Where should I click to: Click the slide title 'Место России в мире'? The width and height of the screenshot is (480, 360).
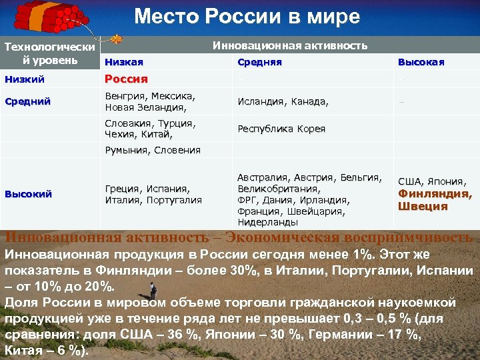[247, 16]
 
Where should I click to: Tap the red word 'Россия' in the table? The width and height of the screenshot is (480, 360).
[126, 79]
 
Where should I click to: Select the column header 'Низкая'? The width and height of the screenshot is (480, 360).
[124, 62]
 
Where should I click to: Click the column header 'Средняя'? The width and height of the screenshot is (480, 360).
[259, 62]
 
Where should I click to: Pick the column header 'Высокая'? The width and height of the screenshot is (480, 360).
[421, 62]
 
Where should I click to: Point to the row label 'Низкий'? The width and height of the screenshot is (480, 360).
[25, 79]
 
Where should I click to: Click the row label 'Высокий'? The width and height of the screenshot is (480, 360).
[28, 194]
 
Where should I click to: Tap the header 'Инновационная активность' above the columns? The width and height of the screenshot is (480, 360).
[290, 45]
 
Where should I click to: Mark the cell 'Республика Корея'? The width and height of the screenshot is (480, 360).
[281, 129]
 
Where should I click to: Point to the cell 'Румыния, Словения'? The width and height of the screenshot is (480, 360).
[153, 150]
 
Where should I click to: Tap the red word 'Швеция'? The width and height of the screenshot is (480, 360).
[422, 206]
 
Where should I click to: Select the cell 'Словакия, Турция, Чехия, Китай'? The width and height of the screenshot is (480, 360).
[150, 129]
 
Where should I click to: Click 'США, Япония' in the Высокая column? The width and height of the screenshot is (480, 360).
[431, 181]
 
